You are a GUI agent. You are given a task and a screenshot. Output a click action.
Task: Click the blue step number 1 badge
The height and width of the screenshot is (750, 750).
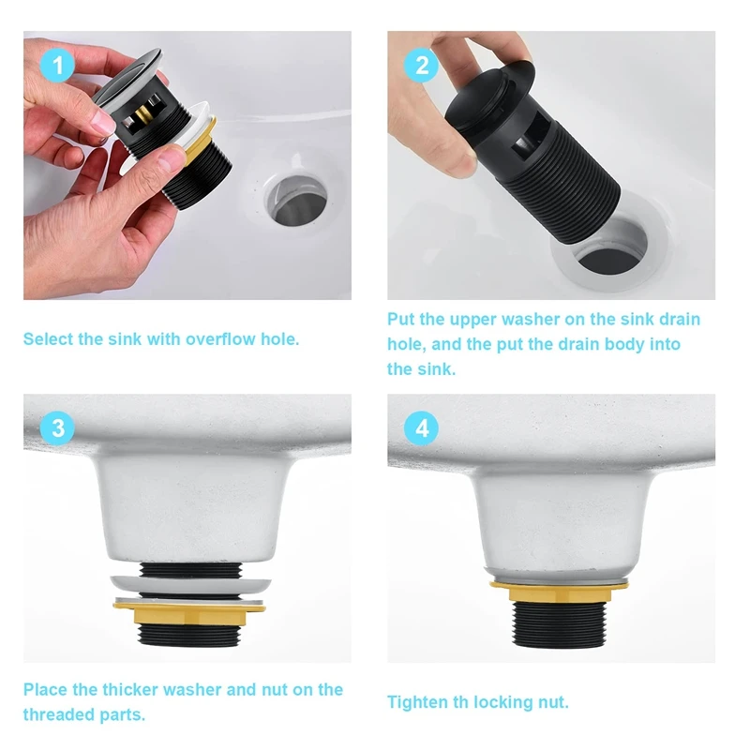pos(57,65)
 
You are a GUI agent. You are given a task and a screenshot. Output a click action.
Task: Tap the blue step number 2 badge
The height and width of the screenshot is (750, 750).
pos(421,65)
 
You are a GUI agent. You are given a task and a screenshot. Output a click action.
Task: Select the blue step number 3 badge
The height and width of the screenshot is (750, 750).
pos(57,428)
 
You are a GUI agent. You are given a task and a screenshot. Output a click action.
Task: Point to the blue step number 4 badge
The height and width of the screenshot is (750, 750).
pos(421,428)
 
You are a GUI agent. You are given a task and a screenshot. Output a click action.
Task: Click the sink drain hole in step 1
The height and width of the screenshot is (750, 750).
pos(296,200)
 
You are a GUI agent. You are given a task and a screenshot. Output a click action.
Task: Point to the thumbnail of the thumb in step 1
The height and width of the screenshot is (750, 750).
pos(101,123)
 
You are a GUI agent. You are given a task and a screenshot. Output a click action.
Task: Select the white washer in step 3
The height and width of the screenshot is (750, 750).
pos(190,584)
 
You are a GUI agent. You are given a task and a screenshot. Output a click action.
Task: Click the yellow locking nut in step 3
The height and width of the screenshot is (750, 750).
pos(189,612)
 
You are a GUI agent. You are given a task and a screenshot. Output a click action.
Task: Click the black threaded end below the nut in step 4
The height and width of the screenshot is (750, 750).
pos(560,624)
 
